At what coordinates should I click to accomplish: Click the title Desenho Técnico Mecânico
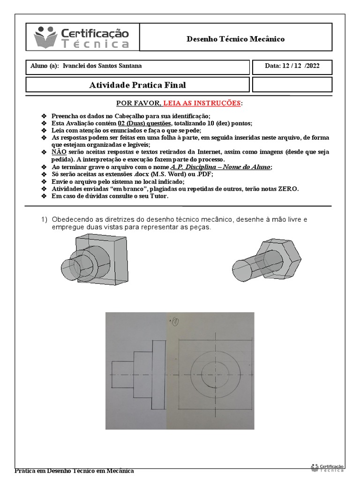[x=236, y=39]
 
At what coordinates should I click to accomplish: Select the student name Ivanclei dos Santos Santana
[x=105, y=66]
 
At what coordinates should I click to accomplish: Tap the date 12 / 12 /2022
[x=292, y=66]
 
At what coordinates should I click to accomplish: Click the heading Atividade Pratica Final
[x=137, y=85]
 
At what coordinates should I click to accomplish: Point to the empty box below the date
[x=292, y=85]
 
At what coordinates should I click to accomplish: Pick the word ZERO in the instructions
[x=288, y=189]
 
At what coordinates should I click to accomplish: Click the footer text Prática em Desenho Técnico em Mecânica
[x=75, y=471]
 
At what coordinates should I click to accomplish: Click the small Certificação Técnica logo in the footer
[x=327, y=468]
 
